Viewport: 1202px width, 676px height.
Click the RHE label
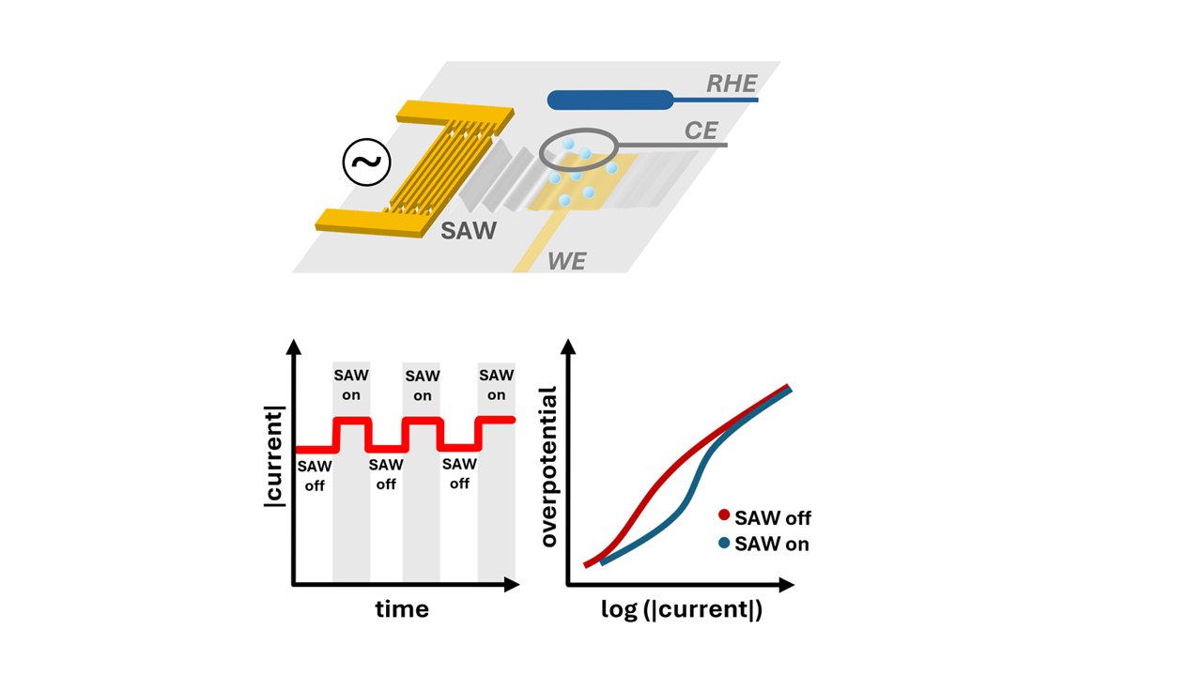click(732, 84)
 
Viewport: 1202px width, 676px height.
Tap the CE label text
click(701, 131)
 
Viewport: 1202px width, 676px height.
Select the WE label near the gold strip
click(566, 261)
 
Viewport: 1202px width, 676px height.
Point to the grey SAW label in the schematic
click(469, 231)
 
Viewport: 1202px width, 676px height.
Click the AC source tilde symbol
click(366, 162)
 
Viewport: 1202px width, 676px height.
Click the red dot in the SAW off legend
click(724, 515)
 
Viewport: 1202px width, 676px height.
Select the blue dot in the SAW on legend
click(724, 543)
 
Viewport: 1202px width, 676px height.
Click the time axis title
click(402, 609)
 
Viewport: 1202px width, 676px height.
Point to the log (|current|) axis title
click(682, 610)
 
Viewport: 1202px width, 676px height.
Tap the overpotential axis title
click(548, 467)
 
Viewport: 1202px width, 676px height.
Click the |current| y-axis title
click(274, 456)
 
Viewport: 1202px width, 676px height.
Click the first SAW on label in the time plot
click(351, 385)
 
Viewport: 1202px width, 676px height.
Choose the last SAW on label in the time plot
click(497, 385)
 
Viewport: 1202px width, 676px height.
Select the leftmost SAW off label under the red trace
click(315, 476)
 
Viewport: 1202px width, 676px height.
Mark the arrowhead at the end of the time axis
click(513, 584)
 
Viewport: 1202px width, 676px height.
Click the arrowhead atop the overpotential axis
click(568, 346)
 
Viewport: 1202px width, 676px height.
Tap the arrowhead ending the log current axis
click(787, 584)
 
